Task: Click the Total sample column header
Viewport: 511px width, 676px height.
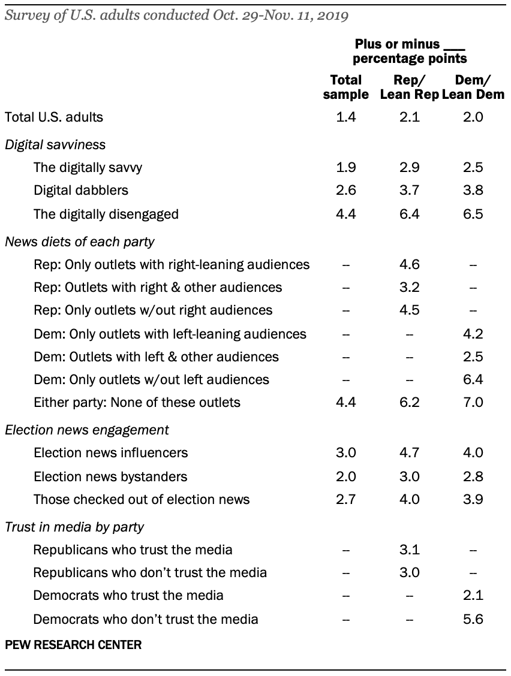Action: (346, 87)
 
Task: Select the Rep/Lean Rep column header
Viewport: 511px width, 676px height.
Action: (409, 87)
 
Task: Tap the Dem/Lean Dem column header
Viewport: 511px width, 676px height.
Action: (473, 87)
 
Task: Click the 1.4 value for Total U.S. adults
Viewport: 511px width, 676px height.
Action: (346, 117)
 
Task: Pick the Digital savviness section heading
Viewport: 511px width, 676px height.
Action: (55, 144)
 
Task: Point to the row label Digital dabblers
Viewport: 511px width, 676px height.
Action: (81, 191)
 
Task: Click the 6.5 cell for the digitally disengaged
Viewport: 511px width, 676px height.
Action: (474, 214)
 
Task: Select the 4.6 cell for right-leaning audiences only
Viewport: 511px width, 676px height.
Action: (410, 264)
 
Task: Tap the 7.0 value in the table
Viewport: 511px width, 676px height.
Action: (474, 402)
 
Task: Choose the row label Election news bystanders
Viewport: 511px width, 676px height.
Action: (110, 476)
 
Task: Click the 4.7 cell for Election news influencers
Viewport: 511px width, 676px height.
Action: (410, 453)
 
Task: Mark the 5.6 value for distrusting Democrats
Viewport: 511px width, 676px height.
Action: (474, 619)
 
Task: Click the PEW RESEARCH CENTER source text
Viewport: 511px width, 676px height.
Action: (73, 645)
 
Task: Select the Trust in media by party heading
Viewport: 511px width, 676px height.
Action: (74, 527)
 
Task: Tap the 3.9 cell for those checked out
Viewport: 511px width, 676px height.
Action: (474, 499)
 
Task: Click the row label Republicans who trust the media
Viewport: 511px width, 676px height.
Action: (133, 550)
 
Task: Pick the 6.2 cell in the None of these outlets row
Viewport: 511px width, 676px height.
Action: (410, 402)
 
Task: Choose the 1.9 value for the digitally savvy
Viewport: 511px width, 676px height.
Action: (346, 168)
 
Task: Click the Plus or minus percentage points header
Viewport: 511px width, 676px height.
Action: (410, 52)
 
